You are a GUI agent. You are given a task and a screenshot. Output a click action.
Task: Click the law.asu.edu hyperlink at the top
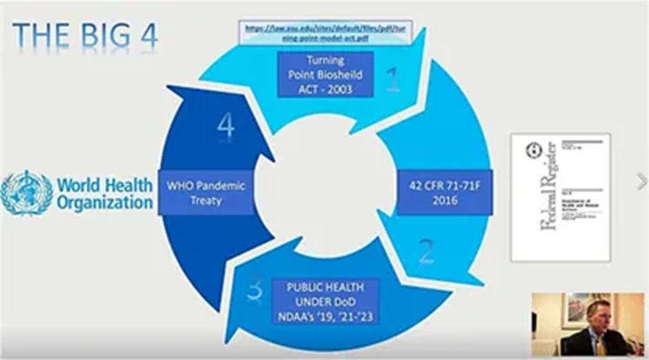coord(325,33)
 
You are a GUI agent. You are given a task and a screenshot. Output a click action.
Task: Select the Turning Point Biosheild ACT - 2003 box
coord(325,74)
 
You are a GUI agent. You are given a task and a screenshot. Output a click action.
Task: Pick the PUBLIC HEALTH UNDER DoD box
coord(325,300)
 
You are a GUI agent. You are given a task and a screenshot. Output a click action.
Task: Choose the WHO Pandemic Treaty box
coord(205,192)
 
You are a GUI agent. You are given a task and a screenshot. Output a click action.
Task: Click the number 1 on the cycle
coord(394,79)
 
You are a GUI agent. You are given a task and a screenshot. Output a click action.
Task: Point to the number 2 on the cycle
coord(427,250)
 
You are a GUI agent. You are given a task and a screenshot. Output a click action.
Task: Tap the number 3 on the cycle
coord(254,289)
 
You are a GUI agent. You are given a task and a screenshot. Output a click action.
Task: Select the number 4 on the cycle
coord(226,126)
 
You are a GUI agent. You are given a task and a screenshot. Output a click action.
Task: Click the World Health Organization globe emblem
coord(26,193)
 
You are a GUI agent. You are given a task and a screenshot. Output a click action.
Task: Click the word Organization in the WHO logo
coord(105,202)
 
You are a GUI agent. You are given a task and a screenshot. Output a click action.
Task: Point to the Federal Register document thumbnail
coord(560,196)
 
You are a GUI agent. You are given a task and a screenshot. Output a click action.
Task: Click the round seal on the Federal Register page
coord(533,151)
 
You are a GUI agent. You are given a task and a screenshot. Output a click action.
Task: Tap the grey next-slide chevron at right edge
coord(641,182)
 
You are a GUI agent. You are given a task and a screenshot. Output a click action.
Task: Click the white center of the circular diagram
coord(324,187)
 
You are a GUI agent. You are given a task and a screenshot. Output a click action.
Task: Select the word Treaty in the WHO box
coord(205,201)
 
